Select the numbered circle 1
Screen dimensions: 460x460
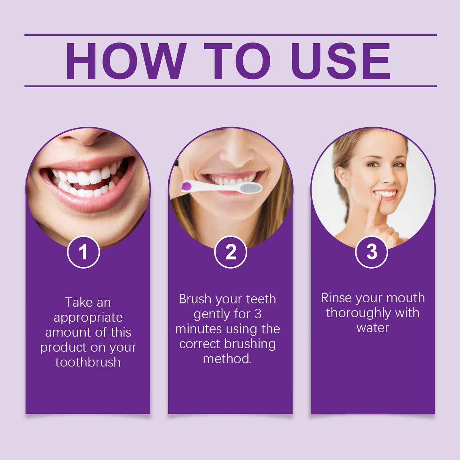83,252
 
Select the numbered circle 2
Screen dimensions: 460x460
230,252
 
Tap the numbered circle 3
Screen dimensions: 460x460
371,252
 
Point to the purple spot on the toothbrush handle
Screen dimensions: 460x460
186,186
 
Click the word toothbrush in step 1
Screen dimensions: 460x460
88,362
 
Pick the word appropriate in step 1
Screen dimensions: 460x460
88,318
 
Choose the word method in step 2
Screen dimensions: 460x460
227,359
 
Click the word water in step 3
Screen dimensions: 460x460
373,328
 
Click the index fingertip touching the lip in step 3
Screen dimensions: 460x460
378,198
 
